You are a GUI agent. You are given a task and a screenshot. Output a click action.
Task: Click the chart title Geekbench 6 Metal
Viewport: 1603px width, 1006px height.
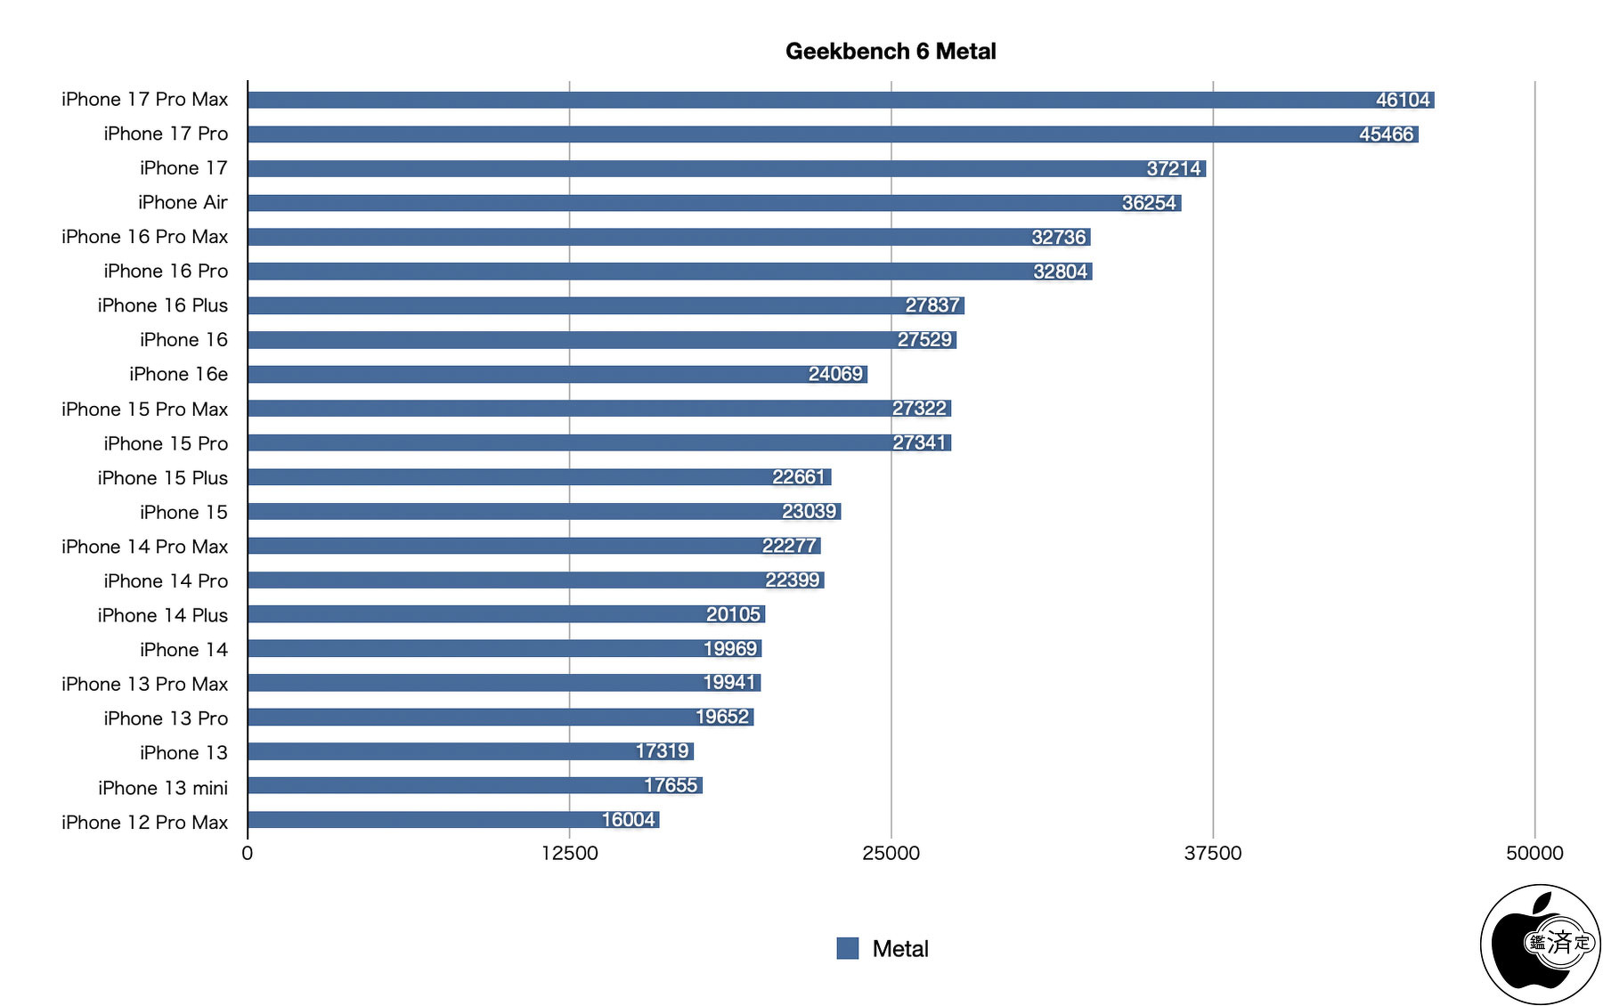(x=891, y=52)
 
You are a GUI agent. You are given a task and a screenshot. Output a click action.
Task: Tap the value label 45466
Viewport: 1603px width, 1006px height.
(x=1386, y=134)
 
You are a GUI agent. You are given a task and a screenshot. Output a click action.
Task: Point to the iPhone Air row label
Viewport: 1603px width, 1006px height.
(x=183, y=203)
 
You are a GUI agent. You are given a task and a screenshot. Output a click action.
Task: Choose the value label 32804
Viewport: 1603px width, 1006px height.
(x=1060, y=272)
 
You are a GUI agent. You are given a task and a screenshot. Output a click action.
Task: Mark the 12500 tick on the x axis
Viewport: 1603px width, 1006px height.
(x=570, y=853)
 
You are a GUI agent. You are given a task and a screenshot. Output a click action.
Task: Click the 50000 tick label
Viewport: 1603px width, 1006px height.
(x=1534, y=853)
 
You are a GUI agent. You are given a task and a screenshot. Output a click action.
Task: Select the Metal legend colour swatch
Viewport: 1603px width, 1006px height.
(x=848, y=949)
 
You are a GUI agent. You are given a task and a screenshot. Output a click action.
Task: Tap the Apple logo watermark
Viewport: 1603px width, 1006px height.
(x=1540, y=945)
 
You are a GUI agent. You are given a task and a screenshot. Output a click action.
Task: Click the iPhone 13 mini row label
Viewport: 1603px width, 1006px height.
(x=163, y=788)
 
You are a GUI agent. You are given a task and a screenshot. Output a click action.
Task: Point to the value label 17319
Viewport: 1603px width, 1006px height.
(x=662, y=751)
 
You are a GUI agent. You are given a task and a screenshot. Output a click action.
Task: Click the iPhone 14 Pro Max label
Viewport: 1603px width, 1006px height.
(x=144, y=547)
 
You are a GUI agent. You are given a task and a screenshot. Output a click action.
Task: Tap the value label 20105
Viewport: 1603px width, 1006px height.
(x=733, y=614)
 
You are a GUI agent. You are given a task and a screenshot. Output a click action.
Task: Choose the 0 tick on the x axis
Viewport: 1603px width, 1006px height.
(x=248, y=853)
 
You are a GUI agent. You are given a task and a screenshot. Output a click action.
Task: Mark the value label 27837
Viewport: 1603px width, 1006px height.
(x=932, y=305)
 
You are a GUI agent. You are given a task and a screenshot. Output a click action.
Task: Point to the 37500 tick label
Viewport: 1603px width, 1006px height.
(x=1212, y=853)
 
